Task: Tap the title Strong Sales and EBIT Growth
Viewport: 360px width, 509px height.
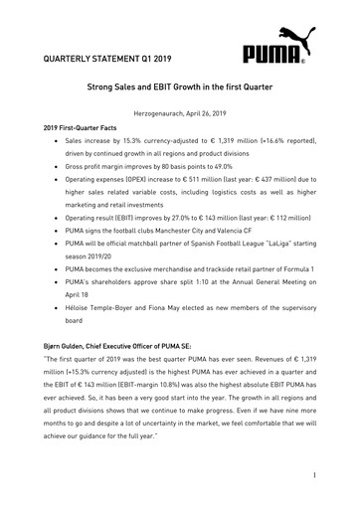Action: pyautogui.click(x=179, y=88)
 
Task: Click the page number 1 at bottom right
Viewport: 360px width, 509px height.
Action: pyautogui.click(x=312, y=477)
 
